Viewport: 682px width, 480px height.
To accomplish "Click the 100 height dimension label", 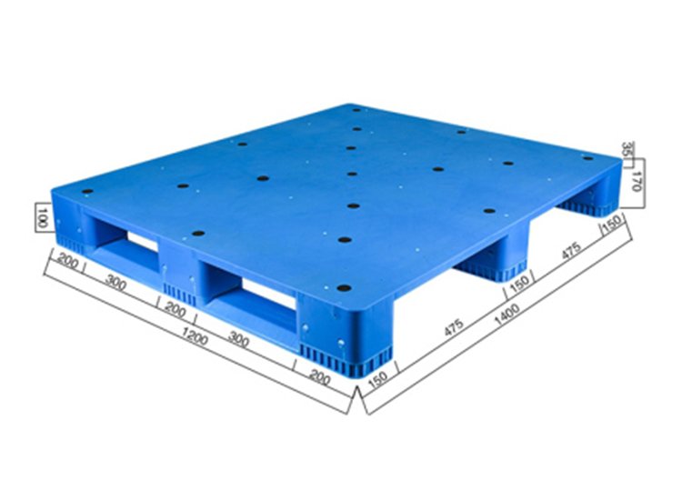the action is click(x=42, y=217).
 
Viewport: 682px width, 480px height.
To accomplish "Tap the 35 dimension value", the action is click(x=627, y=150).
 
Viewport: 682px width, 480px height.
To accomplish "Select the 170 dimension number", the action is click(x=637, y=181).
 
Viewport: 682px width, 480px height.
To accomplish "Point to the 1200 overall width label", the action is click(x=195, y=336).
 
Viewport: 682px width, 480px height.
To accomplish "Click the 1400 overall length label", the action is click(x=507, y=314).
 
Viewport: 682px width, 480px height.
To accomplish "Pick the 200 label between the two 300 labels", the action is click(x=176, y=309).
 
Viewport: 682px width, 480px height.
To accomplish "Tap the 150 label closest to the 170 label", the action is click(x=613, y=224).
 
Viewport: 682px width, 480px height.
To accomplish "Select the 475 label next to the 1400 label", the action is click(x=455, y=328).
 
